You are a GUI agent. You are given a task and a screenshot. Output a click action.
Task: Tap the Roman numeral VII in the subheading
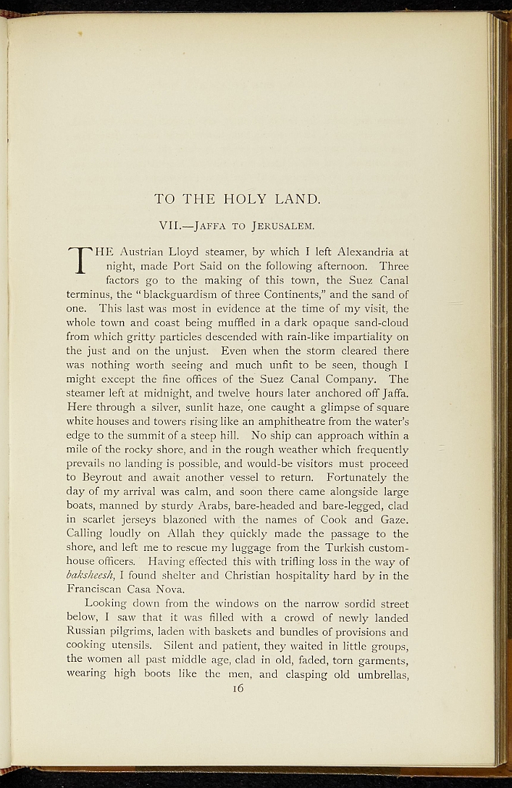168,226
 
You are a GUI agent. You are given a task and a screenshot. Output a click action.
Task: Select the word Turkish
342,548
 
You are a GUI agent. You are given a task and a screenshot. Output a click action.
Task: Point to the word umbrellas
374,675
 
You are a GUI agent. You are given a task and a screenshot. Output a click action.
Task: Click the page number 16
236,689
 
